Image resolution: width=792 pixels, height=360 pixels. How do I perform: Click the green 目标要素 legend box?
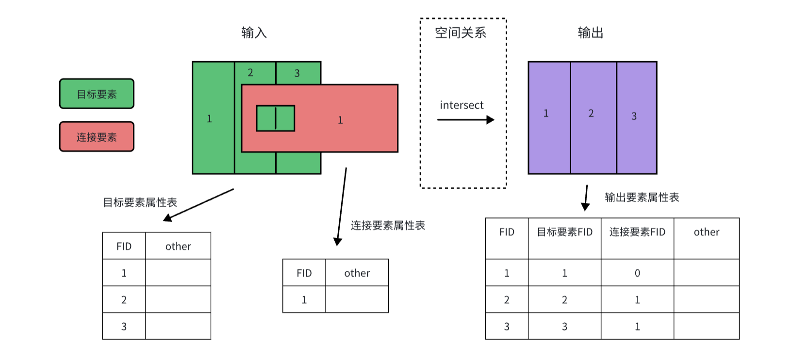pos(97,94)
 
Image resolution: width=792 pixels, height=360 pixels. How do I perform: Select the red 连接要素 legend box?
pos(97,137)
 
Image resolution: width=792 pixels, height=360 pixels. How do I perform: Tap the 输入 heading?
pos(254,33)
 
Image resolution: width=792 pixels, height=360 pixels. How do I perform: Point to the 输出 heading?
pos(590,33)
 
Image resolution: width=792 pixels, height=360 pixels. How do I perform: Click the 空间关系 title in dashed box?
pos(460,33)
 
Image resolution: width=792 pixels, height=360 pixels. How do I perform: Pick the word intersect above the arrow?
pos(462,105)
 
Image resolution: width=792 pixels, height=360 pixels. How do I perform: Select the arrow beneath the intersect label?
pos(465,120)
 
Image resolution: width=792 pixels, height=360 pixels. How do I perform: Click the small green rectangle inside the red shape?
pos(275,118)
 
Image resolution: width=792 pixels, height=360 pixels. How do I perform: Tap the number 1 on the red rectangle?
pos(340,120)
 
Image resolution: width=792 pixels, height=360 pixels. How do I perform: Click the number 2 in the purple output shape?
pos(591,113)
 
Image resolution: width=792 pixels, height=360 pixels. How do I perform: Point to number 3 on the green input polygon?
pos(297,73)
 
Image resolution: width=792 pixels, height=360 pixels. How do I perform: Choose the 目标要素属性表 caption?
pos(140,202)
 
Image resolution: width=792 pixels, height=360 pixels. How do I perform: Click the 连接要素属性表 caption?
pos(388,225)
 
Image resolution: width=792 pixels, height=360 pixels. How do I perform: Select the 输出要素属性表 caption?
pos(642,197)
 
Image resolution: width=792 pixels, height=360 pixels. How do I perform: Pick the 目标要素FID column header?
pos(564,232)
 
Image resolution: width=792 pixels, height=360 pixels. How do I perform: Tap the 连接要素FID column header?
pos(637,232)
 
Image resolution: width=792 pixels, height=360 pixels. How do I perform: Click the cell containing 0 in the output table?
pos(637,273)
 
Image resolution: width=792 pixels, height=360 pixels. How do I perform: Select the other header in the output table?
pos(706,232)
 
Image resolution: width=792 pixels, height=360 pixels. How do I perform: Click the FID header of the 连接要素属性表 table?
pos(304,273)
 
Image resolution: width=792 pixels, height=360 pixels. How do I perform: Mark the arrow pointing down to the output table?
pos(586,198)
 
